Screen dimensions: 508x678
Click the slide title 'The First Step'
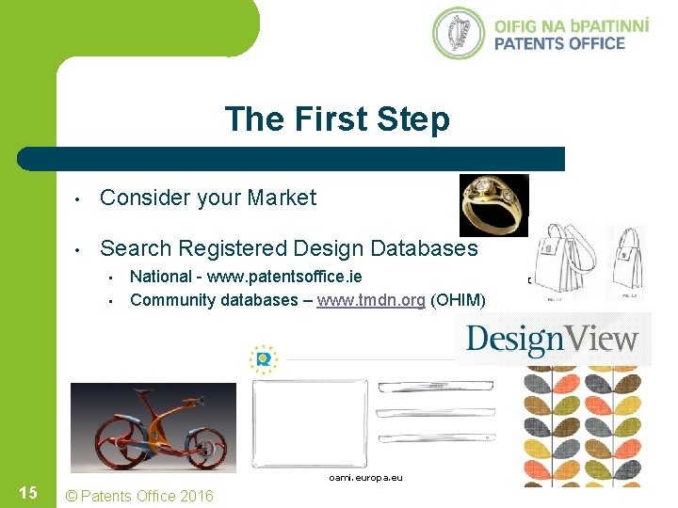point(337,119)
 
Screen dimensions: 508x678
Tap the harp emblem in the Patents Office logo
point(459,33)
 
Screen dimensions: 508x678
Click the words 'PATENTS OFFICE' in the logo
point(559,43)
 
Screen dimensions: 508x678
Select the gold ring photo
point(492,204)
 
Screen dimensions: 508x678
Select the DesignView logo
point(553,339)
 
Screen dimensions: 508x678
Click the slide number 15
point(28,494)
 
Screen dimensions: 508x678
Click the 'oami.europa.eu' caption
point(365,478)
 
